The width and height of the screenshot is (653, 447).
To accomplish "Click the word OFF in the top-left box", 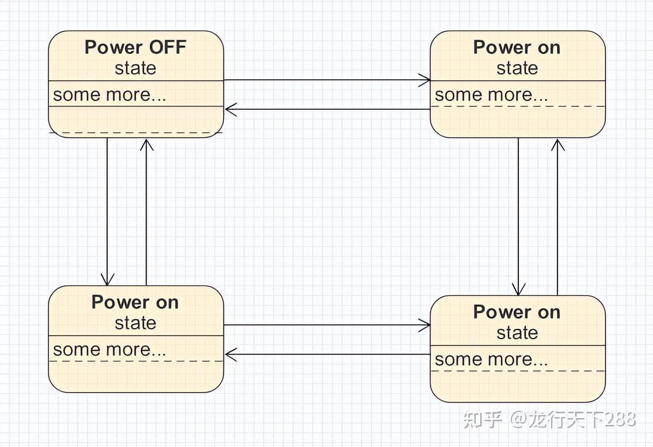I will [167, 48].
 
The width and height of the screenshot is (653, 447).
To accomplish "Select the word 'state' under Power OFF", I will [136, 68].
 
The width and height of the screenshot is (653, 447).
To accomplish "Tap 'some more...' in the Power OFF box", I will [110, 94].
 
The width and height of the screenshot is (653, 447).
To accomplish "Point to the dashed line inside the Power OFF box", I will [136, 132].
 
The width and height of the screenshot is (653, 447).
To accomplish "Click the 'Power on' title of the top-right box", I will [517, 48].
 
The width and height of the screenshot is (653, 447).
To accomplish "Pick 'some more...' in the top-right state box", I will [491, 94].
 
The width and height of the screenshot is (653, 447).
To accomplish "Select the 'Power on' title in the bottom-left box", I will [135, 302].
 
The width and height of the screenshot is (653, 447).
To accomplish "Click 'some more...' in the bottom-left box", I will [110, 349].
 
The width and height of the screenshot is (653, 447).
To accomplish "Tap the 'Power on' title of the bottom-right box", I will [517, 312].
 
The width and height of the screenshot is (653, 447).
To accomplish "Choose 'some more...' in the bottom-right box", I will [491, 359].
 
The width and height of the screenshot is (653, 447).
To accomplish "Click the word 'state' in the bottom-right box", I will [517, 333].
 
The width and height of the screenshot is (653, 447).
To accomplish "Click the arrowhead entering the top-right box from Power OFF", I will [425, 80].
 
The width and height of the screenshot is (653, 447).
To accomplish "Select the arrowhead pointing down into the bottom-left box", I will [107, 280].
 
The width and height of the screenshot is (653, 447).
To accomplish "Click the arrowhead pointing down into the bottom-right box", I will [518, 290].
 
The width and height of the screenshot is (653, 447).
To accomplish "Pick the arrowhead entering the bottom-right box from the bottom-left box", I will [425, 325].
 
